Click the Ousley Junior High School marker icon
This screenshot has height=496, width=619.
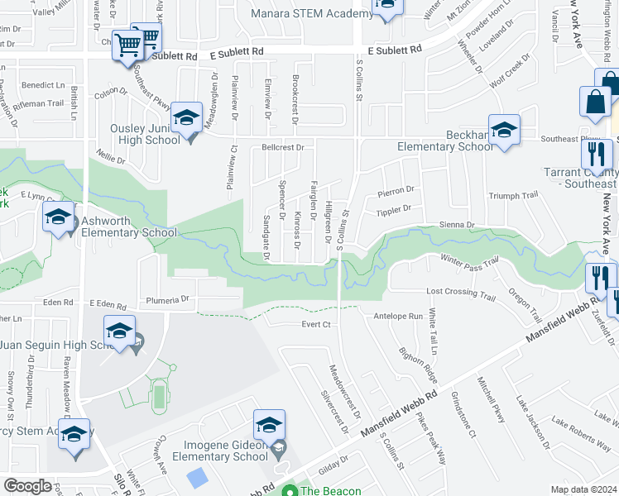tap(187, 118)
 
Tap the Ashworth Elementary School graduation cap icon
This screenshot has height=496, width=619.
tap(58, 218)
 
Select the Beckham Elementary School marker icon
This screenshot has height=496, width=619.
tap(504, 131)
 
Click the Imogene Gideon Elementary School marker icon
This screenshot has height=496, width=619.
tap(269, 426)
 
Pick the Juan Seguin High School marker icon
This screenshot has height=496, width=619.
tap(119, 332)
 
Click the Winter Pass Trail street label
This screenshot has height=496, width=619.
tap(469, 260)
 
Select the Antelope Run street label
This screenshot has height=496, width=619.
tap(398, 316)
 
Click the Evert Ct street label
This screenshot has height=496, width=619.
tap(316, 324)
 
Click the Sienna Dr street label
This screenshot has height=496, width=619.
tap(458, 224)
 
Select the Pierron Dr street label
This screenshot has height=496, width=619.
tap(396, 192)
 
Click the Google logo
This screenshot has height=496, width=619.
tap(27, 486)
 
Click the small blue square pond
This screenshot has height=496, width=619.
tap(198, 478)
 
